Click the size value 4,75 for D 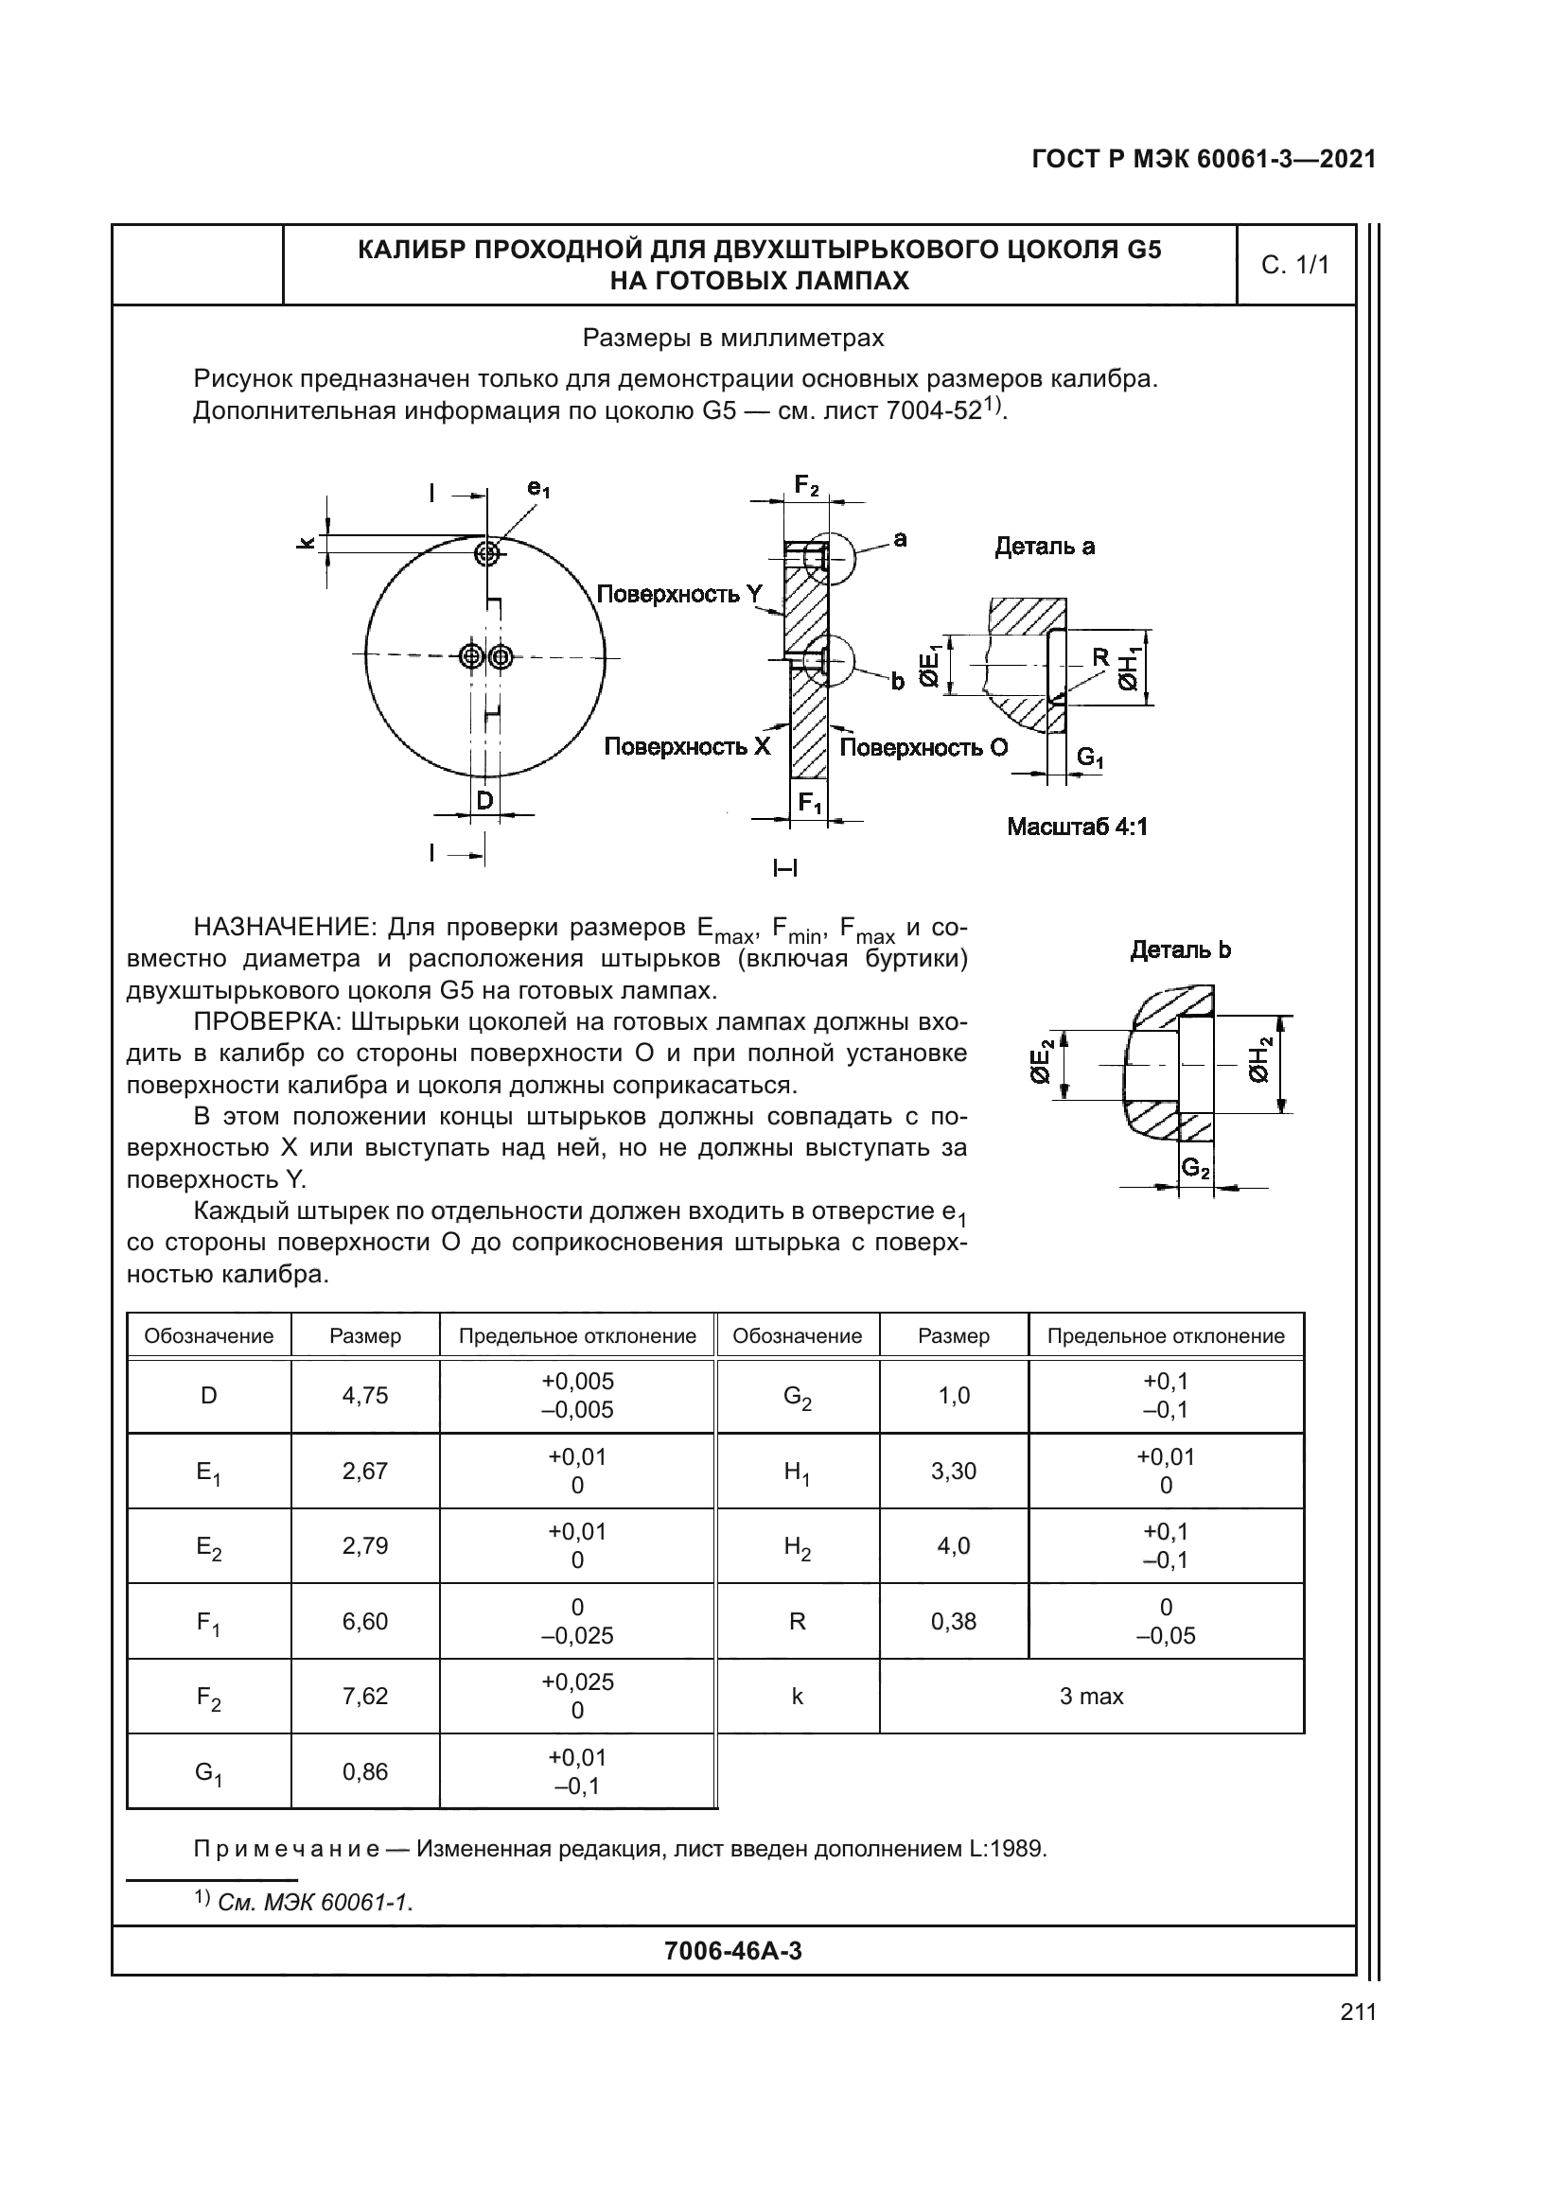tap(364, 1395)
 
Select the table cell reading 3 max tap(1091, 1697)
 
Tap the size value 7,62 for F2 tap(364, 1697)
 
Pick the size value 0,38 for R tap(953, 1622)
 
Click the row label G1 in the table tap(208, 1772)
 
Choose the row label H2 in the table tap(797, 1547)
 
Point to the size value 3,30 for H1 tap(953, 1472)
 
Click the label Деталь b tap(1180, 949)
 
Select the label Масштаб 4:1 tap(1077, 827)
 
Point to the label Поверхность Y tap(679, 595)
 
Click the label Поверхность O tap(923, 748)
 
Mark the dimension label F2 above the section tap(805, 484)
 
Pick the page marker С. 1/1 tap(1295, 265)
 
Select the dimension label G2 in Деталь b tap(1196, 1169)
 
